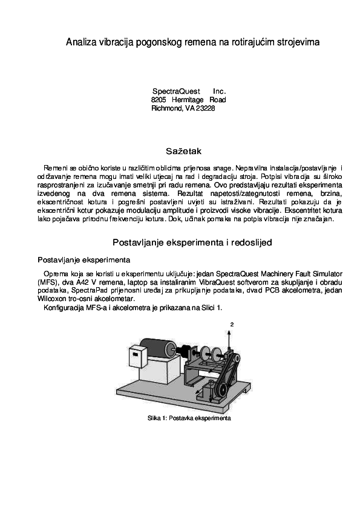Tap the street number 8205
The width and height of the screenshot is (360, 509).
tap(159, 99)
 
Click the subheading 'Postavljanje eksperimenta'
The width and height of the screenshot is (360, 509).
tap(83, 260)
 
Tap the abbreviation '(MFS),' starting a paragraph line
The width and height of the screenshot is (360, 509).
tap(49, 282)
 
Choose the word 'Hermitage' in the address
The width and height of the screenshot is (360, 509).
tap(188, 99)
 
